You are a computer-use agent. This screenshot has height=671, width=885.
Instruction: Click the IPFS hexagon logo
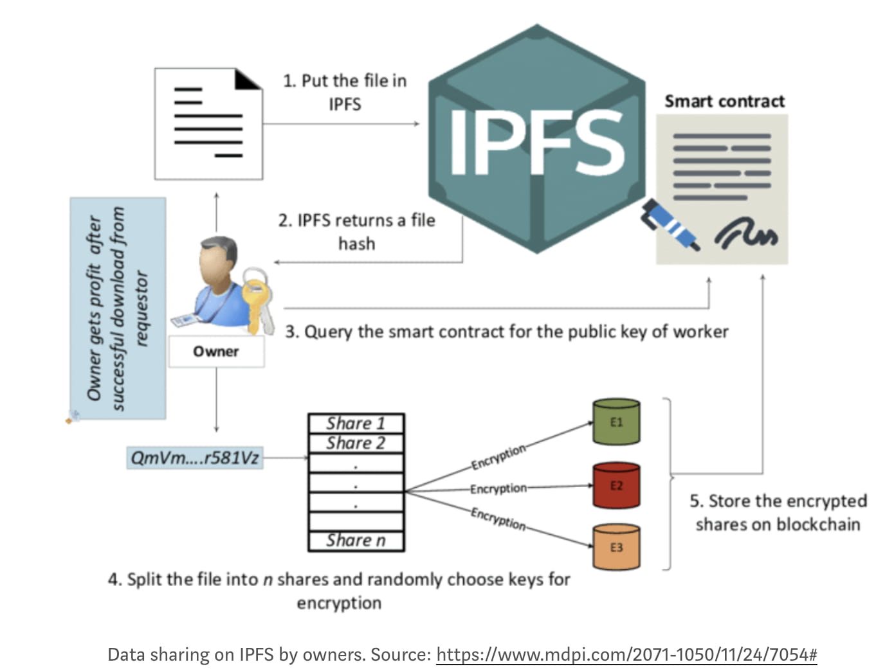pyautogui.click(x=537, y=138)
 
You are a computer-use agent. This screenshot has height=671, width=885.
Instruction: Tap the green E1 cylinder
pyautogui.click(x=616, y=422)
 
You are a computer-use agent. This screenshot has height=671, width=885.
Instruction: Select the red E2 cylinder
pyautogui.click(x=616, y=485)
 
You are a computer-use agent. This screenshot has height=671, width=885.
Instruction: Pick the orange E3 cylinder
pyautogui.click(x=616, y=547)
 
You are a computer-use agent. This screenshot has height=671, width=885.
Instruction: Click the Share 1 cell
pyautogui.click(x=356, y=423)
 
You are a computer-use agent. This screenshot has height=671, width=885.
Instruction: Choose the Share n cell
pyautogui.click(x=356, y=541)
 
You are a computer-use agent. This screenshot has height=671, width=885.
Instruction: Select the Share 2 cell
pyautogui.click(x=356, y=443)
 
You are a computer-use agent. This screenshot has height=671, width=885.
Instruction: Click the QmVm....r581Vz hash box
pyautogui.click(x=195, y=458)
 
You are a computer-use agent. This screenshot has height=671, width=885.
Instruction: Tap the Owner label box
pyautogui.click(x=216, y=352)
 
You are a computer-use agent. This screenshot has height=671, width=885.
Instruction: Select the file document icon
pyautogui.click(x=208, y=123)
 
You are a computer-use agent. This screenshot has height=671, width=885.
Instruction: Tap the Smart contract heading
pyautogui.click(x=724, y=101)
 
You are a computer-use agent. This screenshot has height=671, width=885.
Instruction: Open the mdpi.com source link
pyautogui.click(x=626, y=655)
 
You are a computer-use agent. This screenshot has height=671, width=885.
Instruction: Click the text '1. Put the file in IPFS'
pyautogui.click(x=345, y=92)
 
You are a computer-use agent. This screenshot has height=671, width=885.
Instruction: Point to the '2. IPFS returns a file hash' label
pyautogui.click(x=356, y=231)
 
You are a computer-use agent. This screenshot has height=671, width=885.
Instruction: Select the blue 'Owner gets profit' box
pyautogui.click(x=118, y=309)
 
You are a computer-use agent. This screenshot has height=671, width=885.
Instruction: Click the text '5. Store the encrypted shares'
pyautogui.click(x=778, y=512)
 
